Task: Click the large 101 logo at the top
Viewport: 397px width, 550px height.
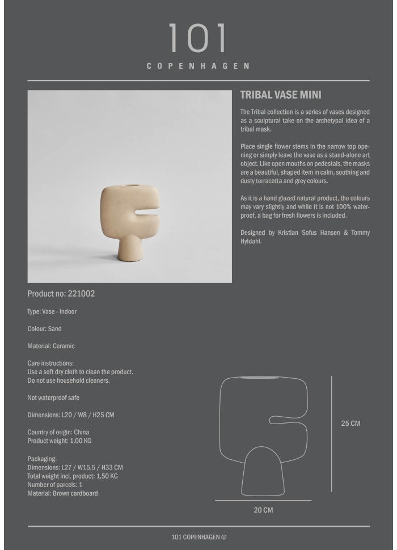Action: coord(198,39)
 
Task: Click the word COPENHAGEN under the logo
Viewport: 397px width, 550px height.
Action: coord(198,66)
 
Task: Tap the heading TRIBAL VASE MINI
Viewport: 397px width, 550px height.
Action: coord(281,95)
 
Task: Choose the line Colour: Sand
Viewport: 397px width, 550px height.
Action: coord(44,329)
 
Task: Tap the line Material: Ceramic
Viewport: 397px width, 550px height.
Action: coord(51,346)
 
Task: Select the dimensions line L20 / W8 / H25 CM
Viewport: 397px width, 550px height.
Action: coord(71,415)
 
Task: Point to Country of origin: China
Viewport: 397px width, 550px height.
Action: coord(58,432)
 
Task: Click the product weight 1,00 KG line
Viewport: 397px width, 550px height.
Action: coord(59,441)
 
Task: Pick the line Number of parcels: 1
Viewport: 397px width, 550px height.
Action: coord(55,485)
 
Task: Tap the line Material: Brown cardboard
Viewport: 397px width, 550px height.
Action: coord(62,493)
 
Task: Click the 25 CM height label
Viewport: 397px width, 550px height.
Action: coord(350,424)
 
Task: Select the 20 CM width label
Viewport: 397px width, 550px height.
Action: coord(263,510)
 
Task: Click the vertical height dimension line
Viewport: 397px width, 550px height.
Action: coord(332,434)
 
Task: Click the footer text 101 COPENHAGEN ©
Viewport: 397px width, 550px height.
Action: coord(198,537)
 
